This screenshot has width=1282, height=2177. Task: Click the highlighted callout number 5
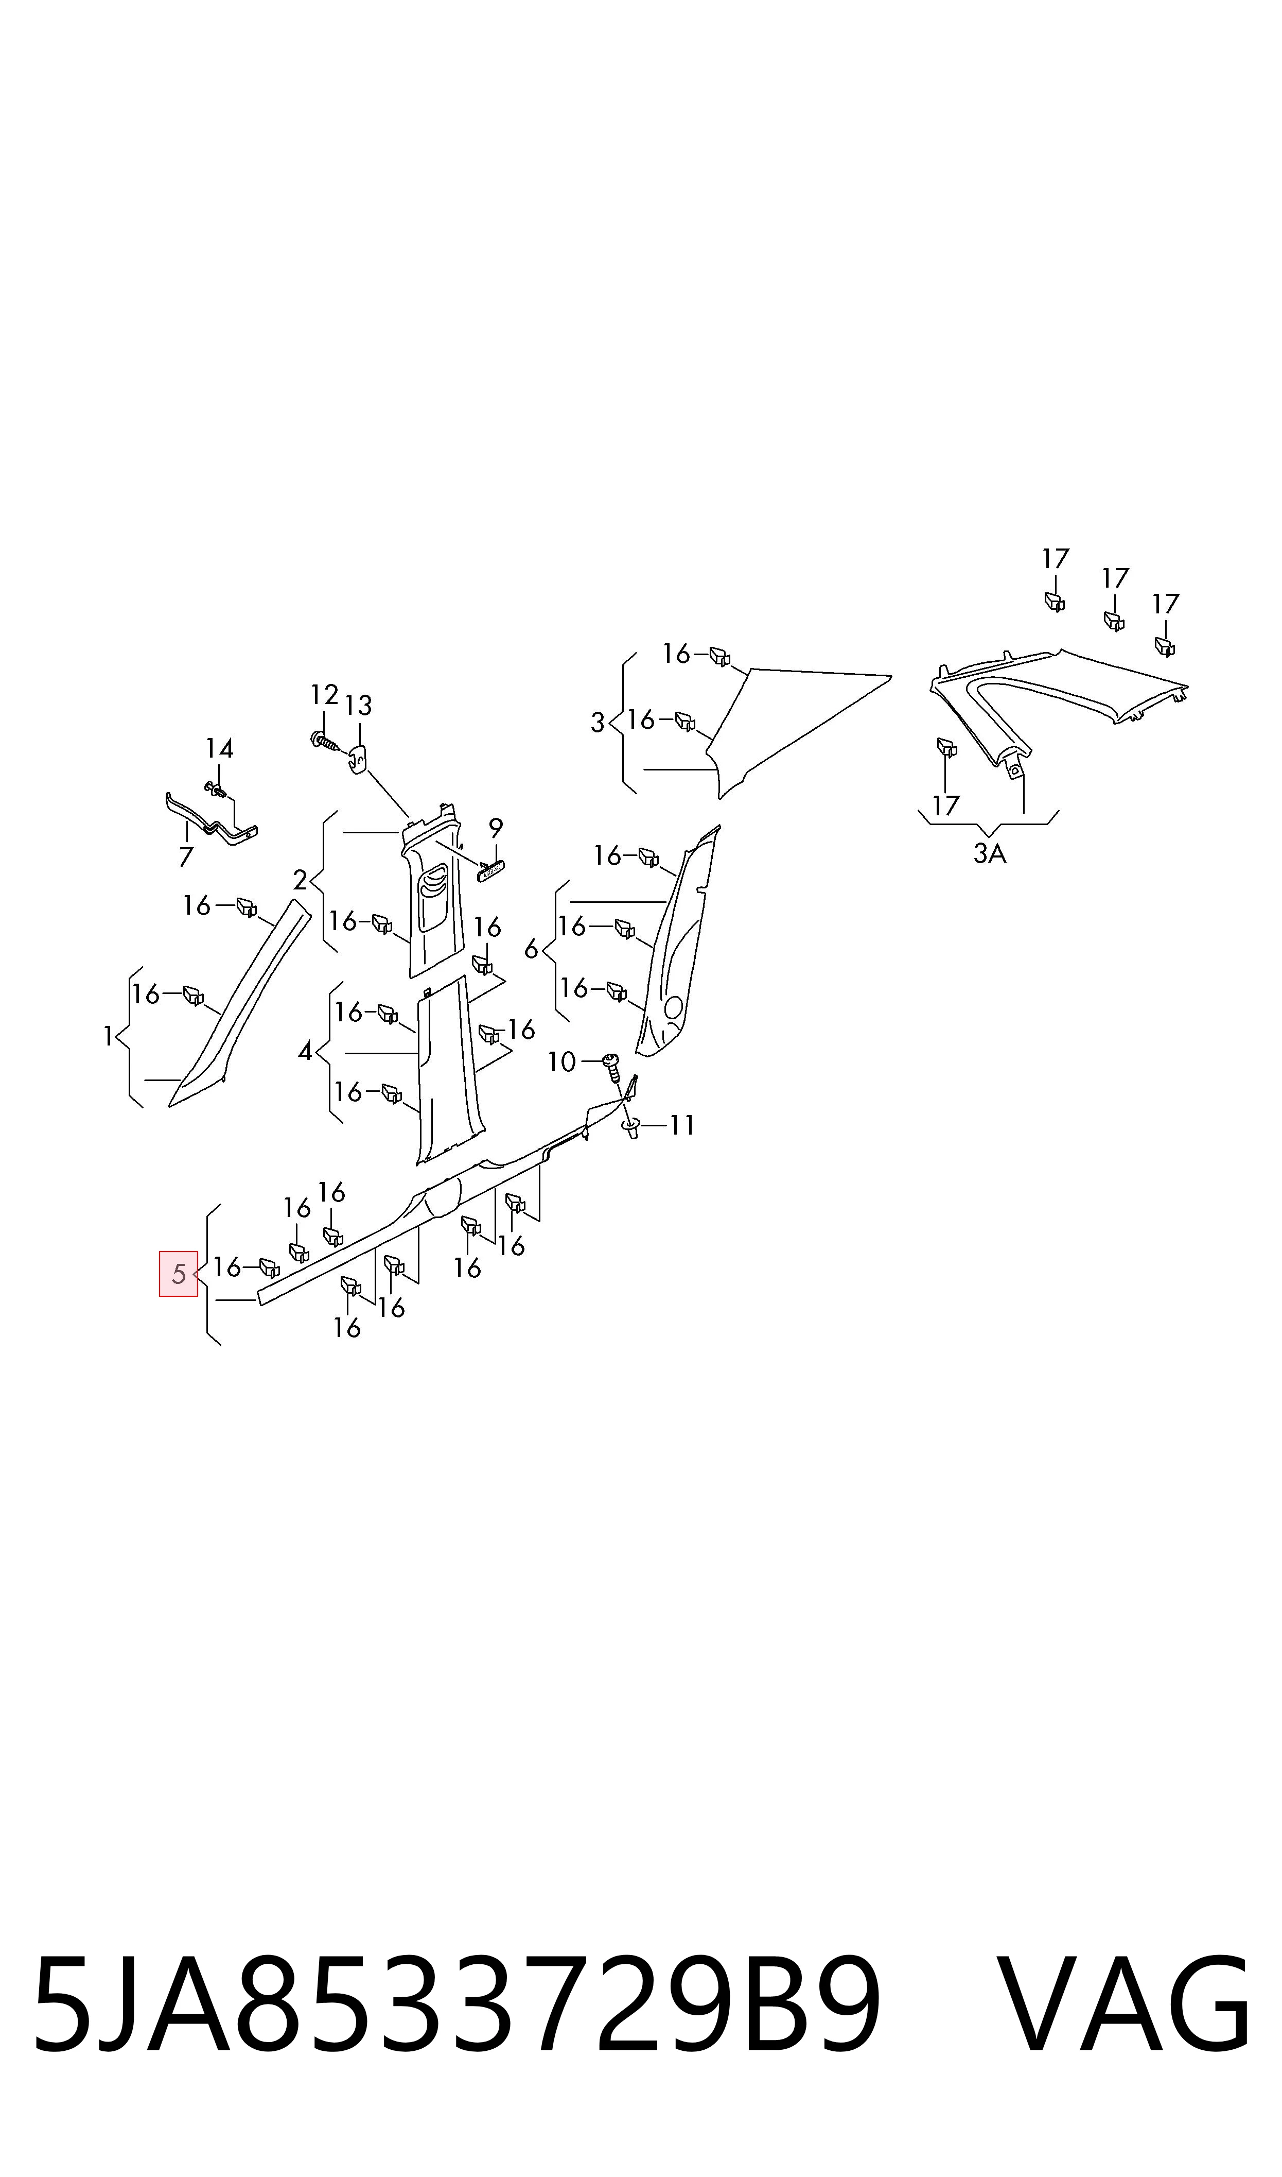[179, 1273]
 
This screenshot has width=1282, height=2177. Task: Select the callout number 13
[358, 706]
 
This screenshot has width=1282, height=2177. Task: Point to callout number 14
[219, 748]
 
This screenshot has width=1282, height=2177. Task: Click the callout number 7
[186, 858]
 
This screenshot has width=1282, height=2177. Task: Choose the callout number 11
[681, 1125]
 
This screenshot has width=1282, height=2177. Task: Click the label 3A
[990, 854]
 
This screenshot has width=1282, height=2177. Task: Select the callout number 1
[108, 1036]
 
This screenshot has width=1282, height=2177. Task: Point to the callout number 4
[305, 1052]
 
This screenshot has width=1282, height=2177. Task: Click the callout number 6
[531, 950]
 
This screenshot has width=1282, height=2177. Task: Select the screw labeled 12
[325, 741]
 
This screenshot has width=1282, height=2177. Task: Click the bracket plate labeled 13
[358, 759]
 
